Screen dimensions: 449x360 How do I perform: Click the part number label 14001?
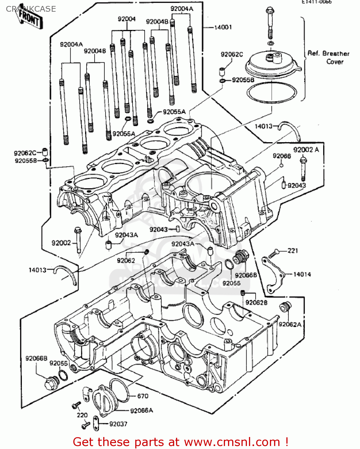(223, 27)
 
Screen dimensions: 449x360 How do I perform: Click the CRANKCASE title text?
(31, 9)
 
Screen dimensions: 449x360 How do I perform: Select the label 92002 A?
(306, 150)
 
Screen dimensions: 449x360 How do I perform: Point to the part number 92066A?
(141, 410)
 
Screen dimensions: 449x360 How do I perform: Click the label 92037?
(118, 424)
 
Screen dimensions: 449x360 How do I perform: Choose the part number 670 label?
(142, 396)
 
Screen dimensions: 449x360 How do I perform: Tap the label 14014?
(302, 274)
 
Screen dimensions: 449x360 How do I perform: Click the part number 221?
(293, 251)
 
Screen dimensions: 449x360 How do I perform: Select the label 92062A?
(290, 324)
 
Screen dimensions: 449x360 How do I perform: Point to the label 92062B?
(256, 302)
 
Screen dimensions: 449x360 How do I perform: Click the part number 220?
(82, 415)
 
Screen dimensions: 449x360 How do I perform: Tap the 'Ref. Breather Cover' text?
(329, 57)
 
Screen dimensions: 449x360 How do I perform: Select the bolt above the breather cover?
(269, 22)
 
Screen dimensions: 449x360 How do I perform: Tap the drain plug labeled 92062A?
(285, 307)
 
